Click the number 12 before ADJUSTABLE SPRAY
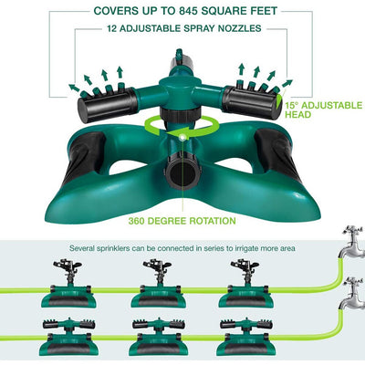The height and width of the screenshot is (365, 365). [x=112, y=28]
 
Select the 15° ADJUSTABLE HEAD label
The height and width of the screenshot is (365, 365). [x=324, y=110]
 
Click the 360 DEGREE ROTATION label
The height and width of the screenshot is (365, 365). [x=182, y=221]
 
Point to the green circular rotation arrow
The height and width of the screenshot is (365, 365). [x=182, y=126]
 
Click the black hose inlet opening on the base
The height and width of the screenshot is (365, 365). [x=182, y=174]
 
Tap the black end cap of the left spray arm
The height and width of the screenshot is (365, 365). [x=107, y=104]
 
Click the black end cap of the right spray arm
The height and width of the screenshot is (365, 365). [x=252, y=102]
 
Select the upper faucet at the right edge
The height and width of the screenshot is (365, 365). [x=353, y=242]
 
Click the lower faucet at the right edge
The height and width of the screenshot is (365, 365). [x=353, y=294]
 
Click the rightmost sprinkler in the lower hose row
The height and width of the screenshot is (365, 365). [x=246, y=337]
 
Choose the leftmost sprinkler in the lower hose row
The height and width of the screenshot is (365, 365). [x=69, y=337]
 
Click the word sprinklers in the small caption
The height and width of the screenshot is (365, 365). [x=113, y=248]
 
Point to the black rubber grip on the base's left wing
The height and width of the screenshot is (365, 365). [x=84, y=155]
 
